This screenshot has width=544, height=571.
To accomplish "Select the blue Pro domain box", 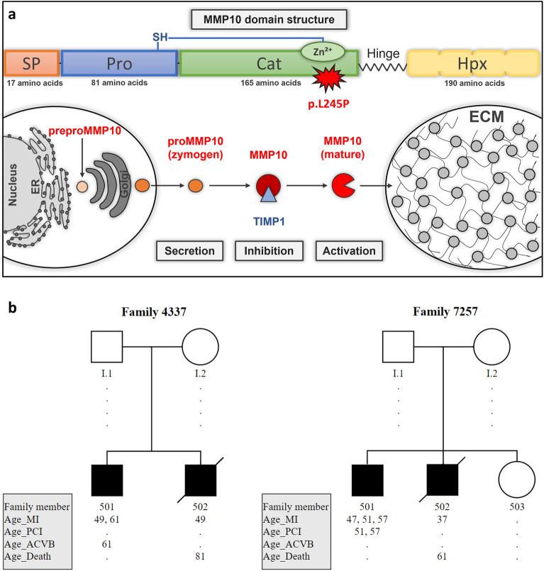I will [119, 63].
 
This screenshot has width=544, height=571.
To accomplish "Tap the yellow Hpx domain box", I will [471, 63].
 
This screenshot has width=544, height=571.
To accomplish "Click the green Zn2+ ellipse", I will [323, 50].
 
